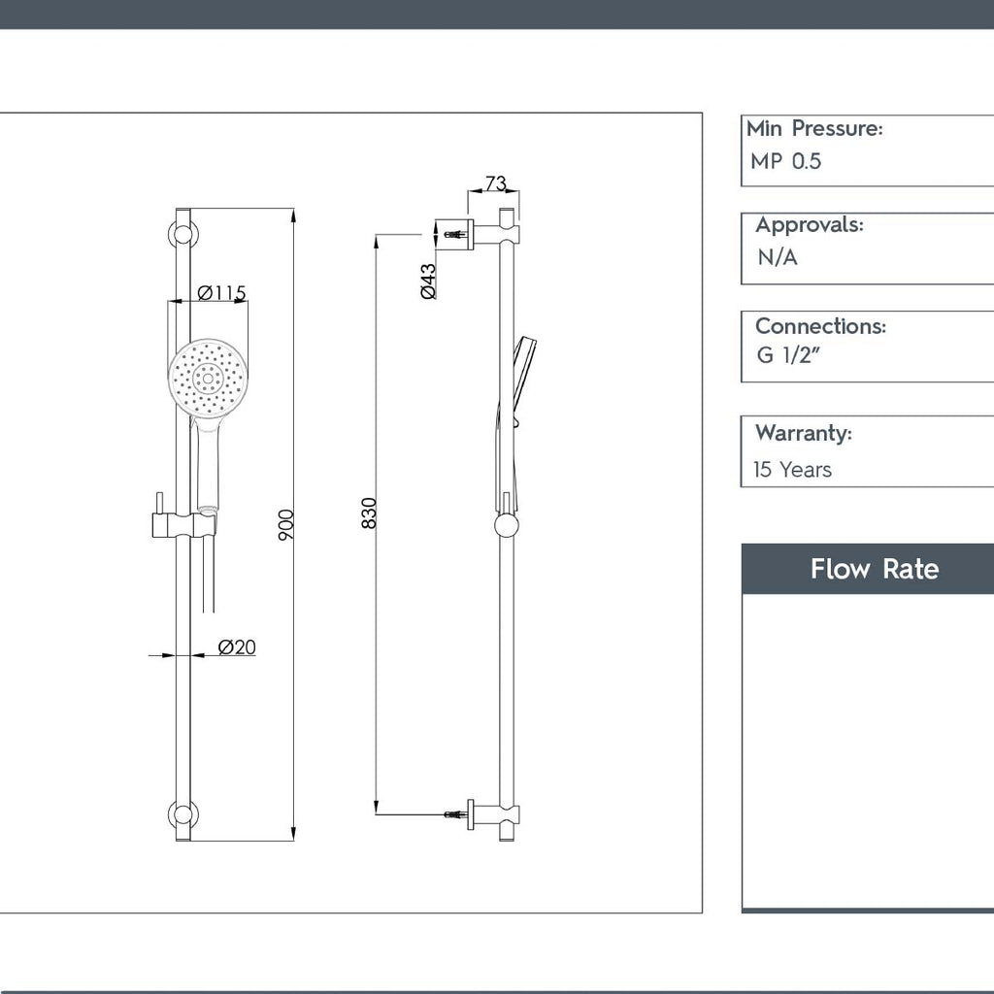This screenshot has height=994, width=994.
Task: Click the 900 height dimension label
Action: tap(286, 524)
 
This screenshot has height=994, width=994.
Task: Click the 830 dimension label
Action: tap(369, 513)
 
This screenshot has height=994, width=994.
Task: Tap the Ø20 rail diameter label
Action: tap(237, 647)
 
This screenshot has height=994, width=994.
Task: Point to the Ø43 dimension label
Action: tap(428, 281)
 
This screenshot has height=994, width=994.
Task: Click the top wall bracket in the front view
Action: tap(182, 235)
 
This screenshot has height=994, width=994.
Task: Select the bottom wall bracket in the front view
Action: tap(182, 815)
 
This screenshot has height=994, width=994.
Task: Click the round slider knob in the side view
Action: tap(507, 526)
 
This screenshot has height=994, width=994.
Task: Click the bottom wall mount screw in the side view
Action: tap(454, 813)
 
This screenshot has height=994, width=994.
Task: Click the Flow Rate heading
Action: tap(874, 569)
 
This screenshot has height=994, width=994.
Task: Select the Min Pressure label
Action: tap(813, 128)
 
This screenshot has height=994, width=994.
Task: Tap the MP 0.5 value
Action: tap(785, 162)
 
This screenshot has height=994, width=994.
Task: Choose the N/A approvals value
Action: tap(777, 258)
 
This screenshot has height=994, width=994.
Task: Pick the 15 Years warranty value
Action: tap(792, 470)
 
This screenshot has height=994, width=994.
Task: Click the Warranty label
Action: tap(803, 433)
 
